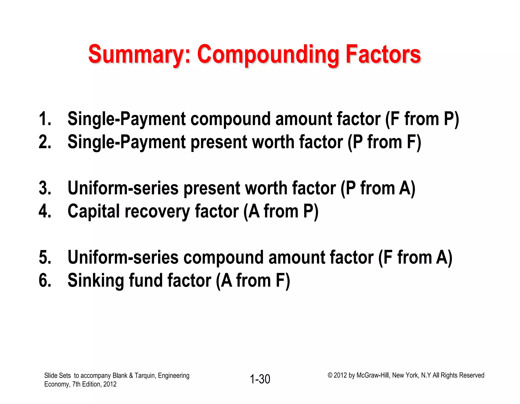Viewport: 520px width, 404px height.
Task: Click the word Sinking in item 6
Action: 95,281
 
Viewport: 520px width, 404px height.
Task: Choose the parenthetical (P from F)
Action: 384,142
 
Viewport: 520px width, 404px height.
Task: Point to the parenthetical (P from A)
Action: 378,188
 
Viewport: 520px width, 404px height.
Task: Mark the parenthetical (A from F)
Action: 253,280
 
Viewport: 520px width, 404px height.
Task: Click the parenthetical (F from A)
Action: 415,257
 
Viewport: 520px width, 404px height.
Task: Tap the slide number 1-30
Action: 260,379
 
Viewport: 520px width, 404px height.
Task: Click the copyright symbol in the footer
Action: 330,375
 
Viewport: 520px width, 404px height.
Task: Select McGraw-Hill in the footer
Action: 373,375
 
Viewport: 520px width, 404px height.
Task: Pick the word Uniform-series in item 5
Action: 123,257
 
